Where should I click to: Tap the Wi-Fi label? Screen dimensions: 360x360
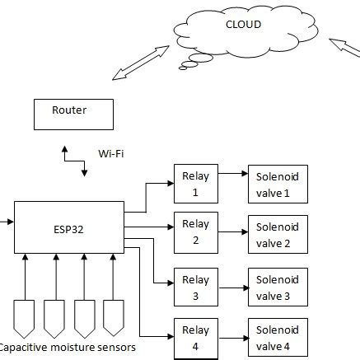click(111, 153)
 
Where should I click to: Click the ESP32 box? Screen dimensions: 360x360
click(68, 227)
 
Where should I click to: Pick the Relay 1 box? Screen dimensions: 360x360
click(195, 183)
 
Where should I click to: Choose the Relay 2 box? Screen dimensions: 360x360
click(195, 231)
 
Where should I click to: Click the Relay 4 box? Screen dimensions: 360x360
click(195, 338)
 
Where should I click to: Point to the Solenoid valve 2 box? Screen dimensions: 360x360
click(278, 235)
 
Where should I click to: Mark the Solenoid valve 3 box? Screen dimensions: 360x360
click(278, 288)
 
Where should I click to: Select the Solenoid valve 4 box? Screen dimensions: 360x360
click(278, 338)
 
